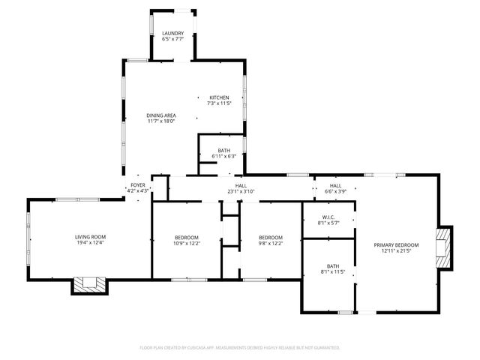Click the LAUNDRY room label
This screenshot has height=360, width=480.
pyautogui.click(x=173, y=34)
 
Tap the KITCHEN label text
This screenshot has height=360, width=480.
pyautogui.click(x=219, y=97)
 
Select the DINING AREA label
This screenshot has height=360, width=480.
pyautogui.click(x=161, y=115)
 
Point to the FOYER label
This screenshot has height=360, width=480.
pyautogui.click(x=138, y=184)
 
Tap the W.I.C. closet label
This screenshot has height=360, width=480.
pyautogui.click(x=329, y=218)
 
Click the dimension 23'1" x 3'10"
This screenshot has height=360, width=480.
pyautogui.click(x=241, y=191)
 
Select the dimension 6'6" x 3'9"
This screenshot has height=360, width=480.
pyautogui.click(x=335, y=191)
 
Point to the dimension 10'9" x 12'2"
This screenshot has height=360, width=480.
pyautogui.click(x=187, y=243)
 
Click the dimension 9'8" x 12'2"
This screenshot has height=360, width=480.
pyautogui.click(x=271, y=243)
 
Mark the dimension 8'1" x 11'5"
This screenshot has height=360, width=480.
pyautogui.click(x=332, y=271)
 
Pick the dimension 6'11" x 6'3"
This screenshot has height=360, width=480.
pyautogui.click(x=224, y=156)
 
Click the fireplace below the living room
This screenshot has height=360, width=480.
pyautogui.click(x=90, y=284)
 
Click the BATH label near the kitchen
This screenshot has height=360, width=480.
pyautogui.click(x=224, y=150)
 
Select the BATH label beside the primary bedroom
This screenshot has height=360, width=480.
pyautogui.click(x=332, y=265)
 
